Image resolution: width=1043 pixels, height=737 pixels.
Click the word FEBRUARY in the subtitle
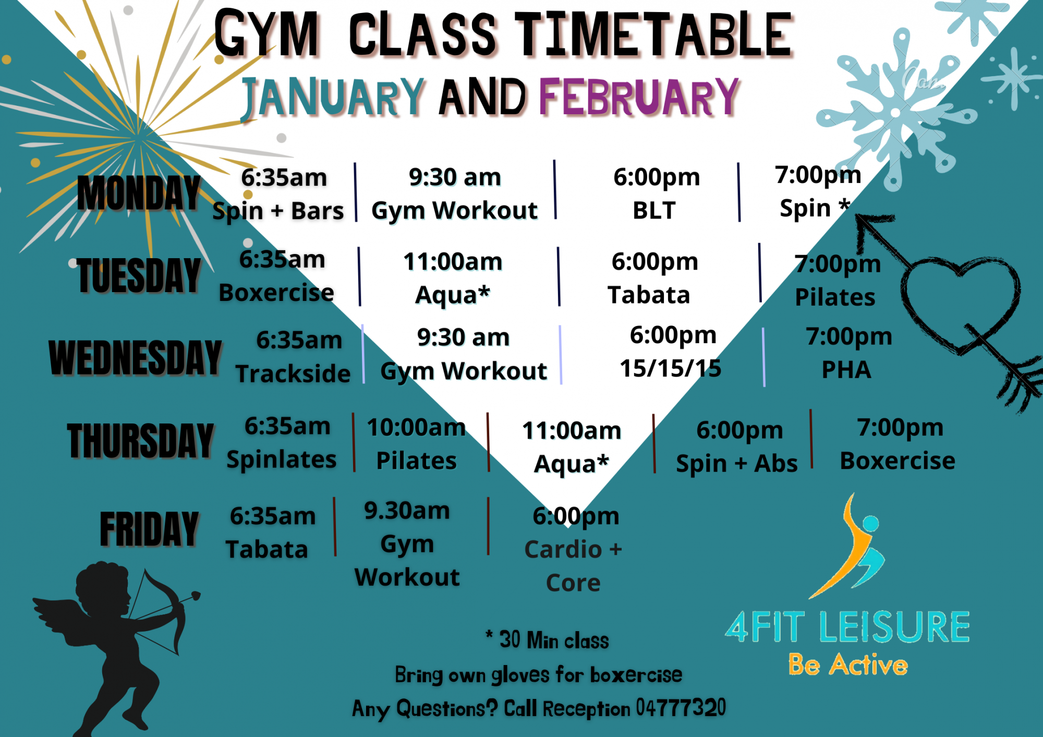(639, 97)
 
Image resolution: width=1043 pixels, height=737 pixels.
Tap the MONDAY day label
(139, 193)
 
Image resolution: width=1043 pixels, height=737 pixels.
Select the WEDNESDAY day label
(135, 357)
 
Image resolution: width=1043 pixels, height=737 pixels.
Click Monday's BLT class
(654, 211)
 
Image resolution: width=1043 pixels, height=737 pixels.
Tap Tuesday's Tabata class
(649, 295)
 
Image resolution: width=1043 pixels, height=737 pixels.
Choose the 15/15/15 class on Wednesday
(670, 368)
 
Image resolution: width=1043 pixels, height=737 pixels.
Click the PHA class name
(846, 370)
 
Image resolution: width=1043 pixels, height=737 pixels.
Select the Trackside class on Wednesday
(293, 374)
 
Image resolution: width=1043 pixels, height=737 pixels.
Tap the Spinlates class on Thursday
(282, 460)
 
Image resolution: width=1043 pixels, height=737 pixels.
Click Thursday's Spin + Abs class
(736, 464)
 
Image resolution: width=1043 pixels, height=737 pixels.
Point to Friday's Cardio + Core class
(573, 566)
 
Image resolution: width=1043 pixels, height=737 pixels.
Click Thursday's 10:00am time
(416, 428)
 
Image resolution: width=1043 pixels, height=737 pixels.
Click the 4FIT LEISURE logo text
(847, 626)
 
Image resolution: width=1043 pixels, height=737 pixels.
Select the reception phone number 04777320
(681, 708)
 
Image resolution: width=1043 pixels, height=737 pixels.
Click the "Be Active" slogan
(848, 664)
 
